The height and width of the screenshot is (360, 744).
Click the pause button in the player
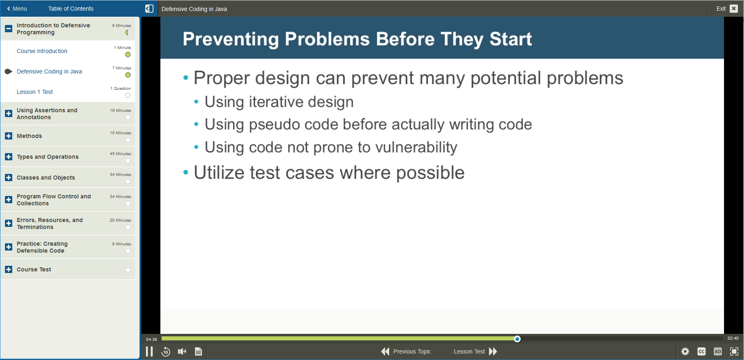tap(149, 351)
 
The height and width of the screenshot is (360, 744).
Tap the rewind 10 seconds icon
tap(166, 351)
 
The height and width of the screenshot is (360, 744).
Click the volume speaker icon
tap(182, 351)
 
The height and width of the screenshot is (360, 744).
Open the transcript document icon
tap(198, 351)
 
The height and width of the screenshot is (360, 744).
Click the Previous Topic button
tap(406, 351)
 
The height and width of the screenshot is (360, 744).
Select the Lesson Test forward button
tap(475, 351)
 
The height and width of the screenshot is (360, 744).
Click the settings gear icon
tap(685, 351)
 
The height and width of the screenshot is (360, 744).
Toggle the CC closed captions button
tap(702, 351)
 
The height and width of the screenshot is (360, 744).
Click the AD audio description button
tap(718, 351)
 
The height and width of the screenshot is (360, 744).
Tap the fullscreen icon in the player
tap(734, 351)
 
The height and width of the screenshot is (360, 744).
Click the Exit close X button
tap(734, 9)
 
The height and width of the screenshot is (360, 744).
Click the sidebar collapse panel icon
tap(149, 9)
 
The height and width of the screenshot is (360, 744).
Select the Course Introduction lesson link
tap(42, 51)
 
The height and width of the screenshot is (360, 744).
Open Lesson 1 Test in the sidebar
tap(35, 92)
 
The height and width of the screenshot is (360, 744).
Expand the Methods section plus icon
tap(9, 136)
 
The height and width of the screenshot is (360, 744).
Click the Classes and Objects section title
tap(46, 178)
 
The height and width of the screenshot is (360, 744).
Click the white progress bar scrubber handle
tap(517, 339)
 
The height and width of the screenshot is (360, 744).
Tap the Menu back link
tap(17, 9)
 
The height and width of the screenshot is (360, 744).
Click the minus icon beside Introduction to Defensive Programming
tap(9, 29)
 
